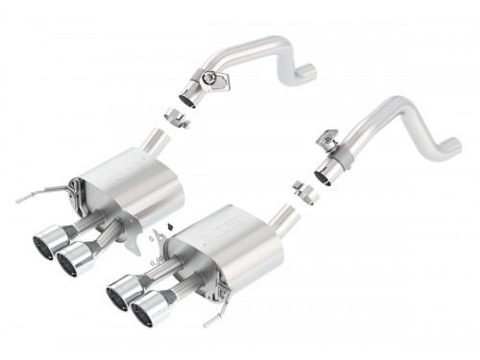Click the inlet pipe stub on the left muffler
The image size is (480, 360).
154,142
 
